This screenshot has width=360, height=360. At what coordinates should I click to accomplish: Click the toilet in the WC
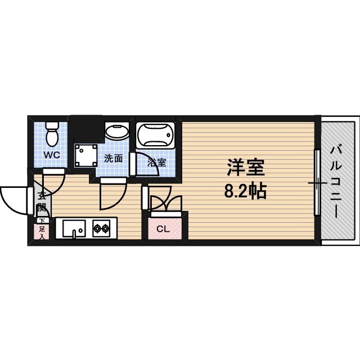[x=52, y=133]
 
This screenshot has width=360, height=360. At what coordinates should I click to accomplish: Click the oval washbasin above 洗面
[x=116, y=133]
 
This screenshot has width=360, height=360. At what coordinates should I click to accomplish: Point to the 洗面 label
[x=113, y=158]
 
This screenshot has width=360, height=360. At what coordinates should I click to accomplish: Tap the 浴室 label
[x=156, y=163]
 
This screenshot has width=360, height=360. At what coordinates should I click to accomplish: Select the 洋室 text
[x=246, y=167]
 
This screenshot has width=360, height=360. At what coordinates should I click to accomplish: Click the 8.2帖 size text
[x=245, y=192]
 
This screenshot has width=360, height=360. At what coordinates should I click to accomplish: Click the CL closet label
[x=163, y=229]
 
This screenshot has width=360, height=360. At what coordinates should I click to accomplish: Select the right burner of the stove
[x=106, y=228]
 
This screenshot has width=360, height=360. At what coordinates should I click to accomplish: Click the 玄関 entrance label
[x=42, y=202]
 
